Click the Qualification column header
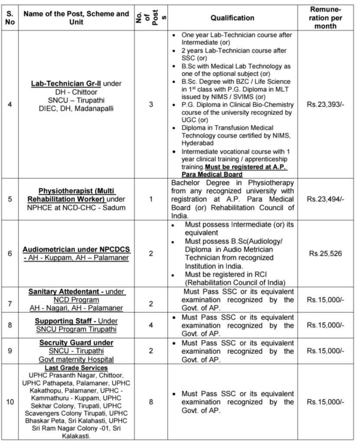pos(232,18)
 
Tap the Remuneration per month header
pos(325,17)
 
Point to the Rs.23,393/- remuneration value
pos(325,104)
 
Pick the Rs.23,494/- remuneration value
pos(325,199)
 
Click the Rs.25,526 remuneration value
pos(325,253)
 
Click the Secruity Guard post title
pos(76,343)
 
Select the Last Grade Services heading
pos(76,368)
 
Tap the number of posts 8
pos(151,402)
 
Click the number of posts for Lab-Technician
pos(151,104)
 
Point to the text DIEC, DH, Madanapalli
pos(76,108)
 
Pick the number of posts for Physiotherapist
pos(151,199)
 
